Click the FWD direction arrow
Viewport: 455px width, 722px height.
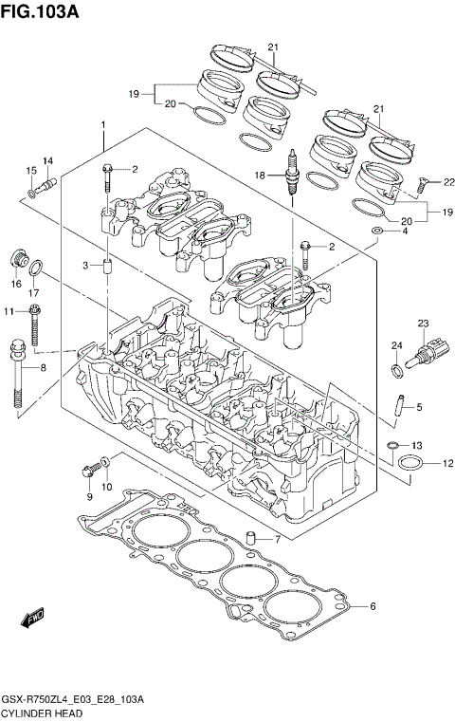pos(33,619)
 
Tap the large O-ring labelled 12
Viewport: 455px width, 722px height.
pos(409,464)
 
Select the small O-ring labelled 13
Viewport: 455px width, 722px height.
pos(391,445)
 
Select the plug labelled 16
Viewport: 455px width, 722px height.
pos(17,257)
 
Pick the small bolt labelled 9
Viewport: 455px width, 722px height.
pos(91,468)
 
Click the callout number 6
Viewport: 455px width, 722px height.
pos(373,606)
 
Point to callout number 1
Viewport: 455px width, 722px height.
pos(102,126)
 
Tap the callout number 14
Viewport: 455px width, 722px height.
pos(47,160)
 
